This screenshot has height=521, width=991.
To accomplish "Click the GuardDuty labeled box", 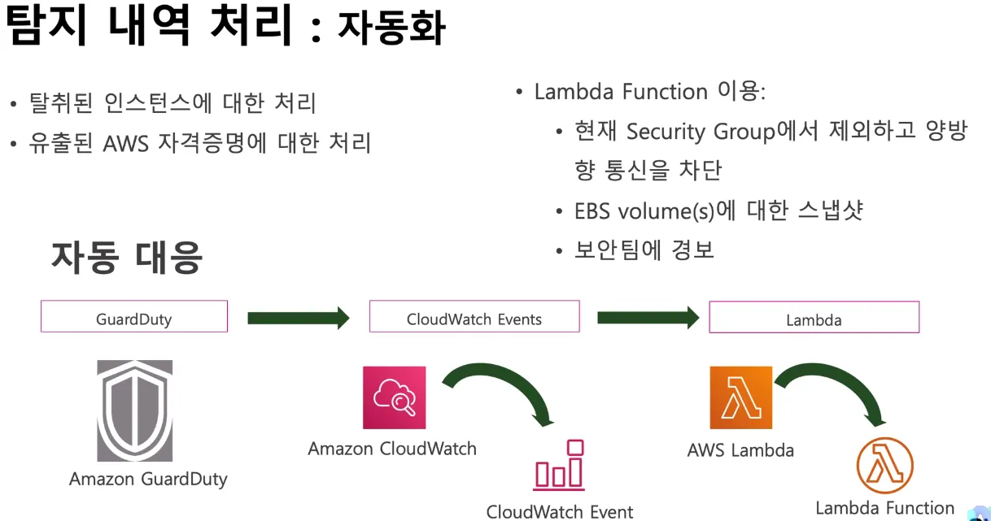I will tap(134, 317).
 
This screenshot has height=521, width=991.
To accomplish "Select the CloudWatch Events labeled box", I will tap(474, 317).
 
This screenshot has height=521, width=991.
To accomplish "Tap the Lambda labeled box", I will tap(814, 318).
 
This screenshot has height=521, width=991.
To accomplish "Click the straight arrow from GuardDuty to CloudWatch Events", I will tap(298, 317).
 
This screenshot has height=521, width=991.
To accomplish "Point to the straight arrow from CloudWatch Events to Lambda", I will tap(648, 317).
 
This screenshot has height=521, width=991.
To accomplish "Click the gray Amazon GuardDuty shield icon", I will tap(135, 410).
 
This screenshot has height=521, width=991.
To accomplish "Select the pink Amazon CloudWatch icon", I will tap(395, 397).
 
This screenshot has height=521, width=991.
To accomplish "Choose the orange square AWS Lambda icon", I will tap(740, 397).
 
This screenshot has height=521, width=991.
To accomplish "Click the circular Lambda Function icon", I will tap(884, 466).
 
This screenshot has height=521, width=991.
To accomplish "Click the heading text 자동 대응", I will tap(127, 257).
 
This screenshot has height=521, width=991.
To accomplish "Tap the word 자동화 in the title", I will tap(391, 28).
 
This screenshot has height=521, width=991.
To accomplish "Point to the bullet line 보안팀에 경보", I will tap(644, 250).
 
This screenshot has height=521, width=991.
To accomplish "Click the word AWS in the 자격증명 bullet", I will tap(126, 144).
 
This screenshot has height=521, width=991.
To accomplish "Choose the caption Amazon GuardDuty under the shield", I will tap(148, 479).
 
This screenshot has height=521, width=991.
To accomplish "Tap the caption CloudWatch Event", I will tap(560, 511).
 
